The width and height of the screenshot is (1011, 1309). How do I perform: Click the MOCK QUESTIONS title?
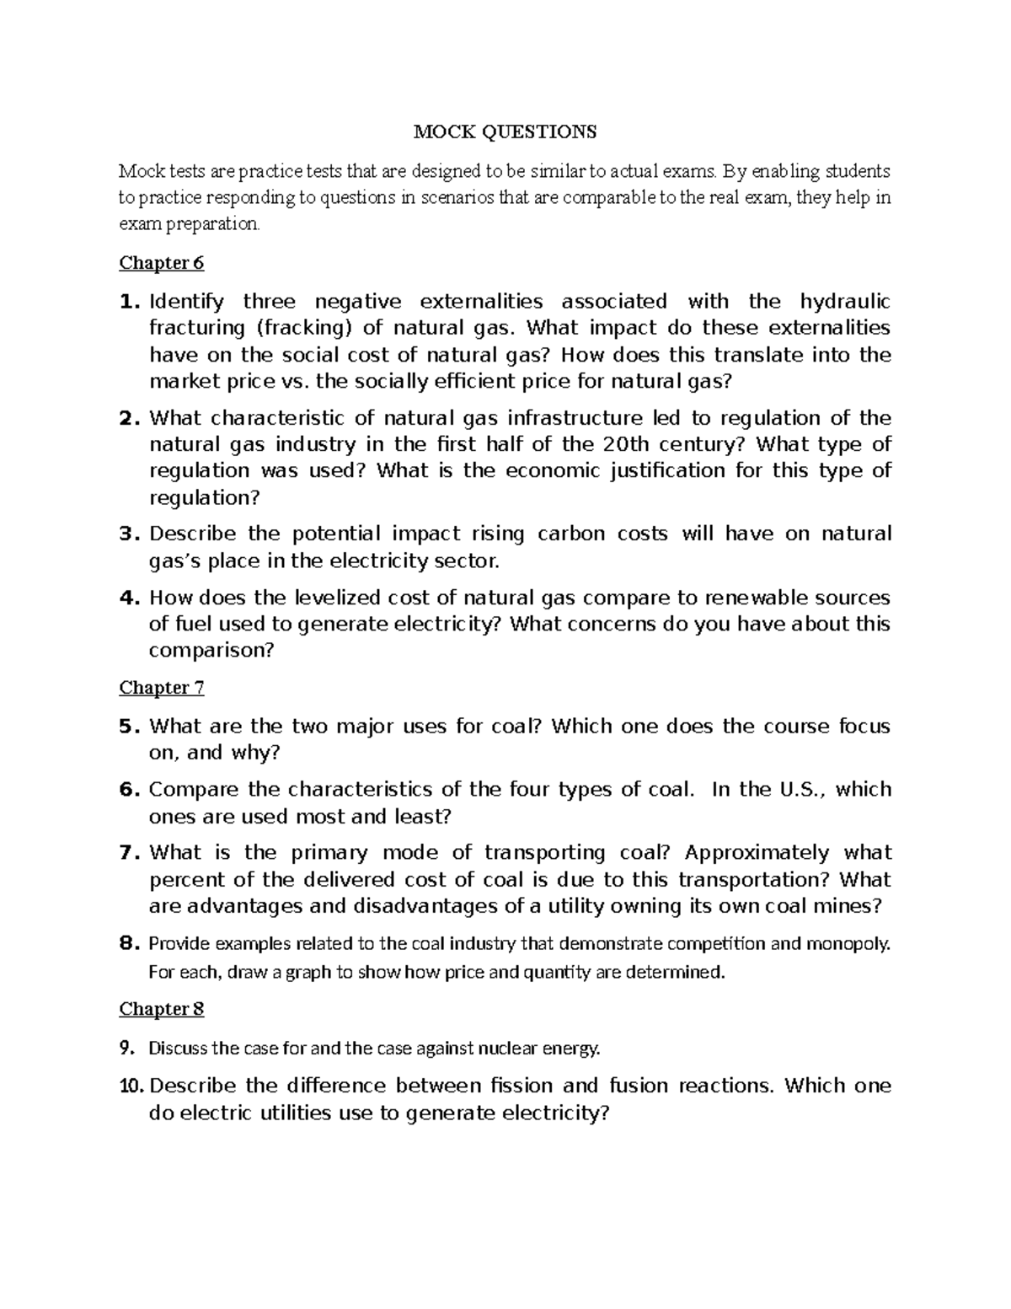[504, 131]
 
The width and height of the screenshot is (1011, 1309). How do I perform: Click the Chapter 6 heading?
[161, 263]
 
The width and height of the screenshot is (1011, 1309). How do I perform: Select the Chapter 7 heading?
[161, 688]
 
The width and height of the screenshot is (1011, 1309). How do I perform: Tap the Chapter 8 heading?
[161, 1009]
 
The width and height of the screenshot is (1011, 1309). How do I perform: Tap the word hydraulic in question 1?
[844, 302]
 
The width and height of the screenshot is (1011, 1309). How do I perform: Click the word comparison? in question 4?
[211, 652]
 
